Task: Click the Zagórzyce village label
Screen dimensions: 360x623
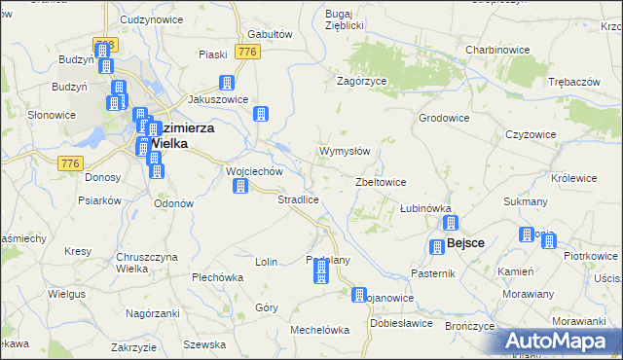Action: click(x=363, y=82)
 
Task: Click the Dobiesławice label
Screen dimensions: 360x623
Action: click(x=401, y=322)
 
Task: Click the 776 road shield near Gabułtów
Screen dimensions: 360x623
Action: click(x=247, y=51)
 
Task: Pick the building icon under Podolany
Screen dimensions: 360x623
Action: click(x=320, y=275)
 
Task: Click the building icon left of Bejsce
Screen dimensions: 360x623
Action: click(x=435, y=245)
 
